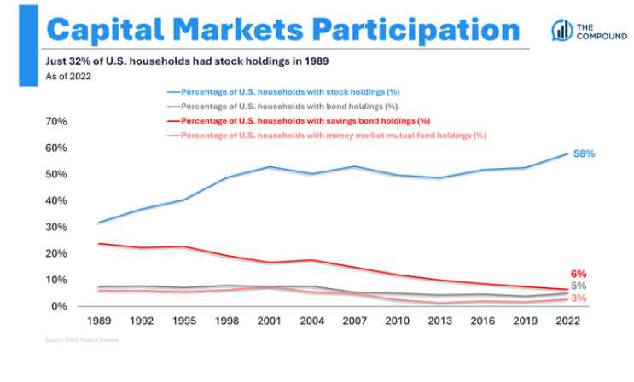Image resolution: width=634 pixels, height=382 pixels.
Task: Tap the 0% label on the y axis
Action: click(x=59, y=306)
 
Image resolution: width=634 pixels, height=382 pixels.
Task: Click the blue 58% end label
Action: click(x=585, y=154)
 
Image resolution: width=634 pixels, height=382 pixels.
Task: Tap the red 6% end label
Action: click(x=579, y=274)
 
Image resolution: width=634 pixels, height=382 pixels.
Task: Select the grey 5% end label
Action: click(x=579, y=286)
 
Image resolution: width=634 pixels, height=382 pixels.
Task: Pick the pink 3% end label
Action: click(x=579, y=298)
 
